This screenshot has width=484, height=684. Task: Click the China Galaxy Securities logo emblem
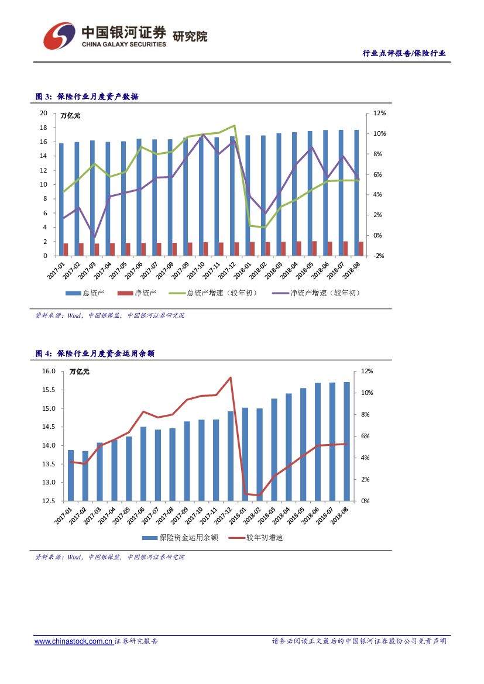pos(59,36)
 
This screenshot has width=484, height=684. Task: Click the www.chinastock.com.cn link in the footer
pos(73,642)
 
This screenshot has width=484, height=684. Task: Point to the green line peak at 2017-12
pos(234,125)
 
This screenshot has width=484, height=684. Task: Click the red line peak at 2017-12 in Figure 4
pos(231,377)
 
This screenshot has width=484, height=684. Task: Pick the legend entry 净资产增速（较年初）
pos(325,293)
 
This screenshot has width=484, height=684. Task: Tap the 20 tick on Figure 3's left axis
pos(43,113)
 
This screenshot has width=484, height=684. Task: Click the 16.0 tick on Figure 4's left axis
pos(49,372)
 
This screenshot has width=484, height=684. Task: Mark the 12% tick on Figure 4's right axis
pos(366,372)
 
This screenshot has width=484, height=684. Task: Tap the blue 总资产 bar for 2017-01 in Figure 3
pos(61,199)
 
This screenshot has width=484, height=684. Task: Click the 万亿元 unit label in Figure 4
pos(79,371)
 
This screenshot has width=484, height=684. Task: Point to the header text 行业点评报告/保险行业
pos(404,53)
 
